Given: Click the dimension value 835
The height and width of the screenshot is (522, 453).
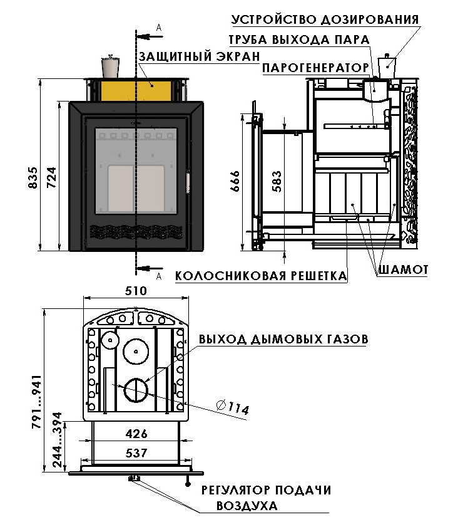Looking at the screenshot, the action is click(x=33, y=178).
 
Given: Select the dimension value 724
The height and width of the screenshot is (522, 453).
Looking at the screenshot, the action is click(x=51, y=178).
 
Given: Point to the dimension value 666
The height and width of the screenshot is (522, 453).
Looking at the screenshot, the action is click(x=235, y=181).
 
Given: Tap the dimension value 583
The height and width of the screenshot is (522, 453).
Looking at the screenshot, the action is click(x=277, y=182).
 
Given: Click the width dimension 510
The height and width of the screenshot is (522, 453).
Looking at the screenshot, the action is click(x=136, y=291).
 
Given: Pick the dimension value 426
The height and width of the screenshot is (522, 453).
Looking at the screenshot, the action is click(x=136, y=434).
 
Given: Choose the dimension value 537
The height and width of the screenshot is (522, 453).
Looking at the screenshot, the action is click(x=136, y=452).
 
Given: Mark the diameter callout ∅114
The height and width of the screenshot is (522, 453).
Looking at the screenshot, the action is click(x=233, y=407).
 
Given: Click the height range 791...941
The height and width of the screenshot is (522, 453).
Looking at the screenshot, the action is click(x=36, y=401).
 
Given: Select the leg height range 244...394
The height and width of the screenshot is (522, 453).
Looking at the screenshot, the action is click(x=57, y=440).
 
